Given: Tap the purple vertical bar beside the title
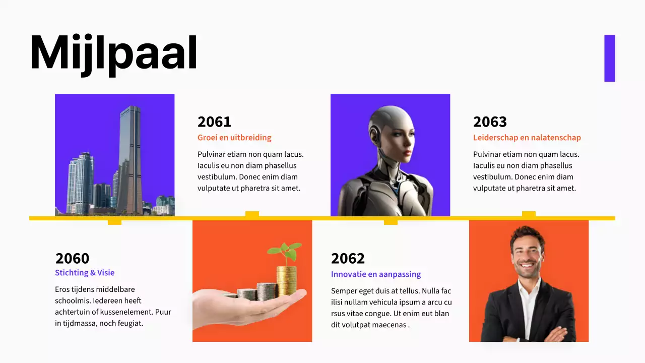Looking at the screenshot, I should tap(610, 58).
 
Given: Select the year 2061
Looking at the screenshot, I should tap(214, 122).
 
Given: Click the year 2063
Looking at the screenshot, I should tap(490, 122).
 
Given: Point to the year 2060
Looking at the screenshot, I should tap(72, 259).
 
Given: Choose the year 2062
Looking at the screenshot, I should tap(348, 259).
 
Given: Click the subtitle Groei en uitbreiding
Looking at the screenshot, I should tap(234, 138).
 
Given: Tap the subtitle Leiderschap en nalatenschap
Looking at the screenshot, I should tap(527, 138).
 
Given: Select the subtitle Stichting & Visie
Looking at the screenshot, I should tap(85, 273).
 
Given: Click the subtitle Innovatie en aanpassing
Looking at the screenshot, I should tap(376, 274).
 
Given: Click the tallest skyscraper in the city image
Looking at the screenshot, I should tap(130, 156).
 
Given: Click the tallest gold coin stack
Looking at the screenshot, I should tap(286, 280).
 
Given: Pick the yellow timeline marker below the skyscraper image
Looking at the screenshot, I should tap(114, 221).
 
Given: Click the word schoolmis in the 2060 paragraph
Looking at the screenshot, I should tap(74, 300).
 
